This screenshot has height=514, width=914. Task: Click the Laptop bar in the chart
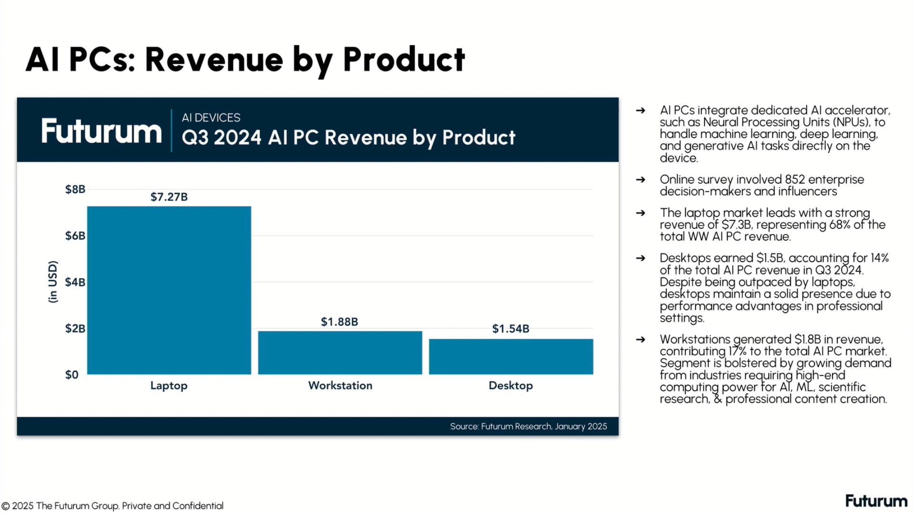tap(169, 290)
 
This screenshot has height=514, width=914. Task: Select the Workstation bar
tap(340, 353)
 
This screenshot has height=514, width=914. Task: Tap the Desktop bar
tap(511, 356)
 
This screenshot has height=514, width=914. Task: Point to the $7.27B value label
tap(169, 197)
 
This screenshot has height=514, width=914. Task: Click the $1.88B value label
tap(339, 322)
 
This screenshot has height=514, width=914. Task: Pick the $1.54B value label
tap(511, 329)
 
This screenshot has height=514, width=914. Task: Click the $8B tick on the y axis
tap(75, 189)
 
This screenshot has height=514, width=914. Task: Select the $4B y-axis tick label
tap(75, 282)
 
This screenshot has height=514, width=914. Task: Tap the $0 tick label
tap(72, 375)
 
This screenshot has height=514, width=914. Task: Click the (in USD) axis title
tap(53, 282)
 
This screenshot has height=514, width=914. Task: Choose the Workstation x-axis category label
tap(340, 385)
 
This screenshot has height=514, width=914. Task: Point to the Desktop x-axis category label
tap(511, 385)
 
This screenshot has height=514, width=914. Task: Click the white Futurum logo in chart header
tap(101, 131)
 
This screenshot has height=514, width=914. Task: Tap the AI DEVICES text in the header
tap(211, 118)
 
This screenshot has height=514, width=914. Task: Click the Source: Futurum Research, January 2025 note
tap(528, 426)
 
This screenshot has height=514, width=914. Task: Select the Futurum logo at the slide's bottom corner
tap(876, 501)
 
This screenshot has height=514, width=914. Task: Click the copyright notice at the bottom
tap(112, 506)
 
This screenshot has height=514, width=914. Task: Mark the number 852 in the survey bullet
tap(795, 179)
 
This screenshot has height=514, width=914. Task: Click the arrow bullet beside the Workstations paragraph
tap(641, 339)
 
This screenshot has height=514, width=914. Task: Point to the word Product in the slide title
tap(404, 60)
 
